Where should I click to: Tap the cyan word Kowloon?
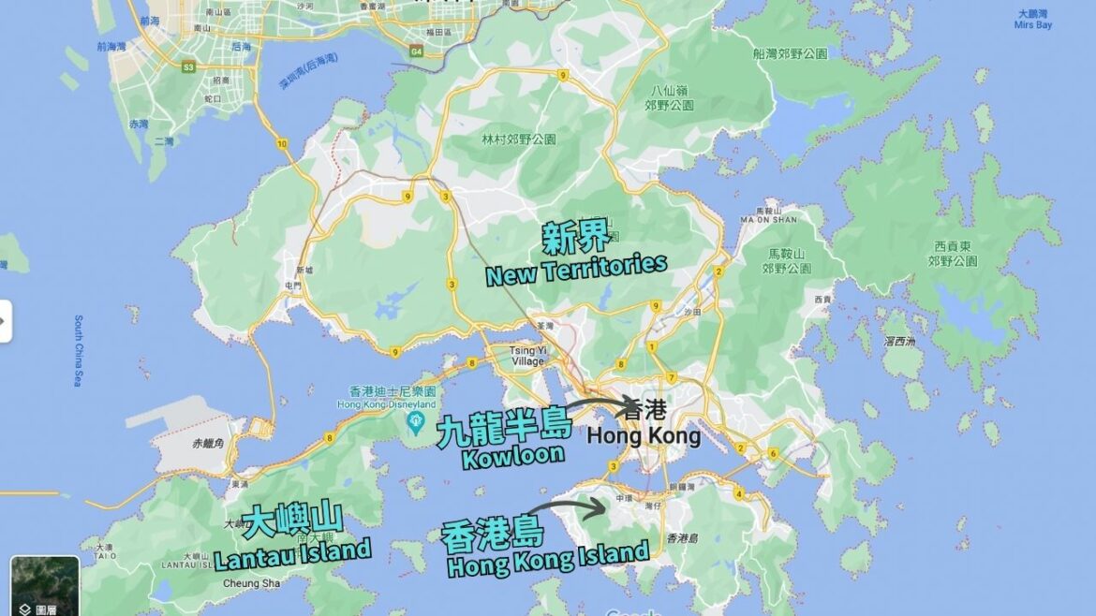pos(512,456)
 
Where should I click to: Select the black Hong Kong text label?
pos(644,435)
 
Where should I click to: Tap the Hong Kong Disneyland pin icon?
pos(413,423)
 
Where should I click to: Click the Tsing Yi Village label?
pos(527,356)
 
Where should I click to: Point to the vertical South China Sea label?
pos(79,351)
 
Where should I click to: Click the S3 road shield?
pos(188,66)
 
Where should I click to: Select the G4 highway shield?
pos(415,52)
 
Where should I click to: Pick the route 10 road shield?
pos(282,144)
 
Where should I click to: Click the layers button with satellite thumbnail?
pos(45,586)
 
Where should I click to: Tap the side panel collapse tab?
pos(5,321)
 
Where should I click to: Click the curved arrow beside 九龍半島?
pos(604,404)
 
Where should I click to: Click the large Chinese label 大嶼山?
pos(291,521)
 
